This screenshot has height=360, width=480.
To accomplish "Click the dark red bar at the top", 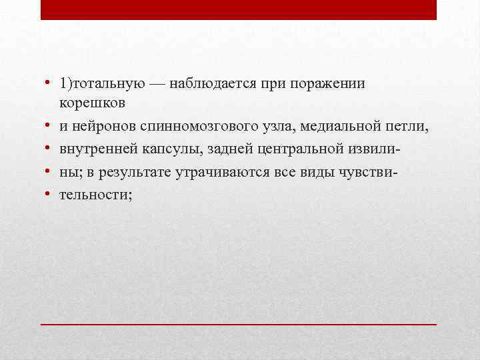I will (239, 9).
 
